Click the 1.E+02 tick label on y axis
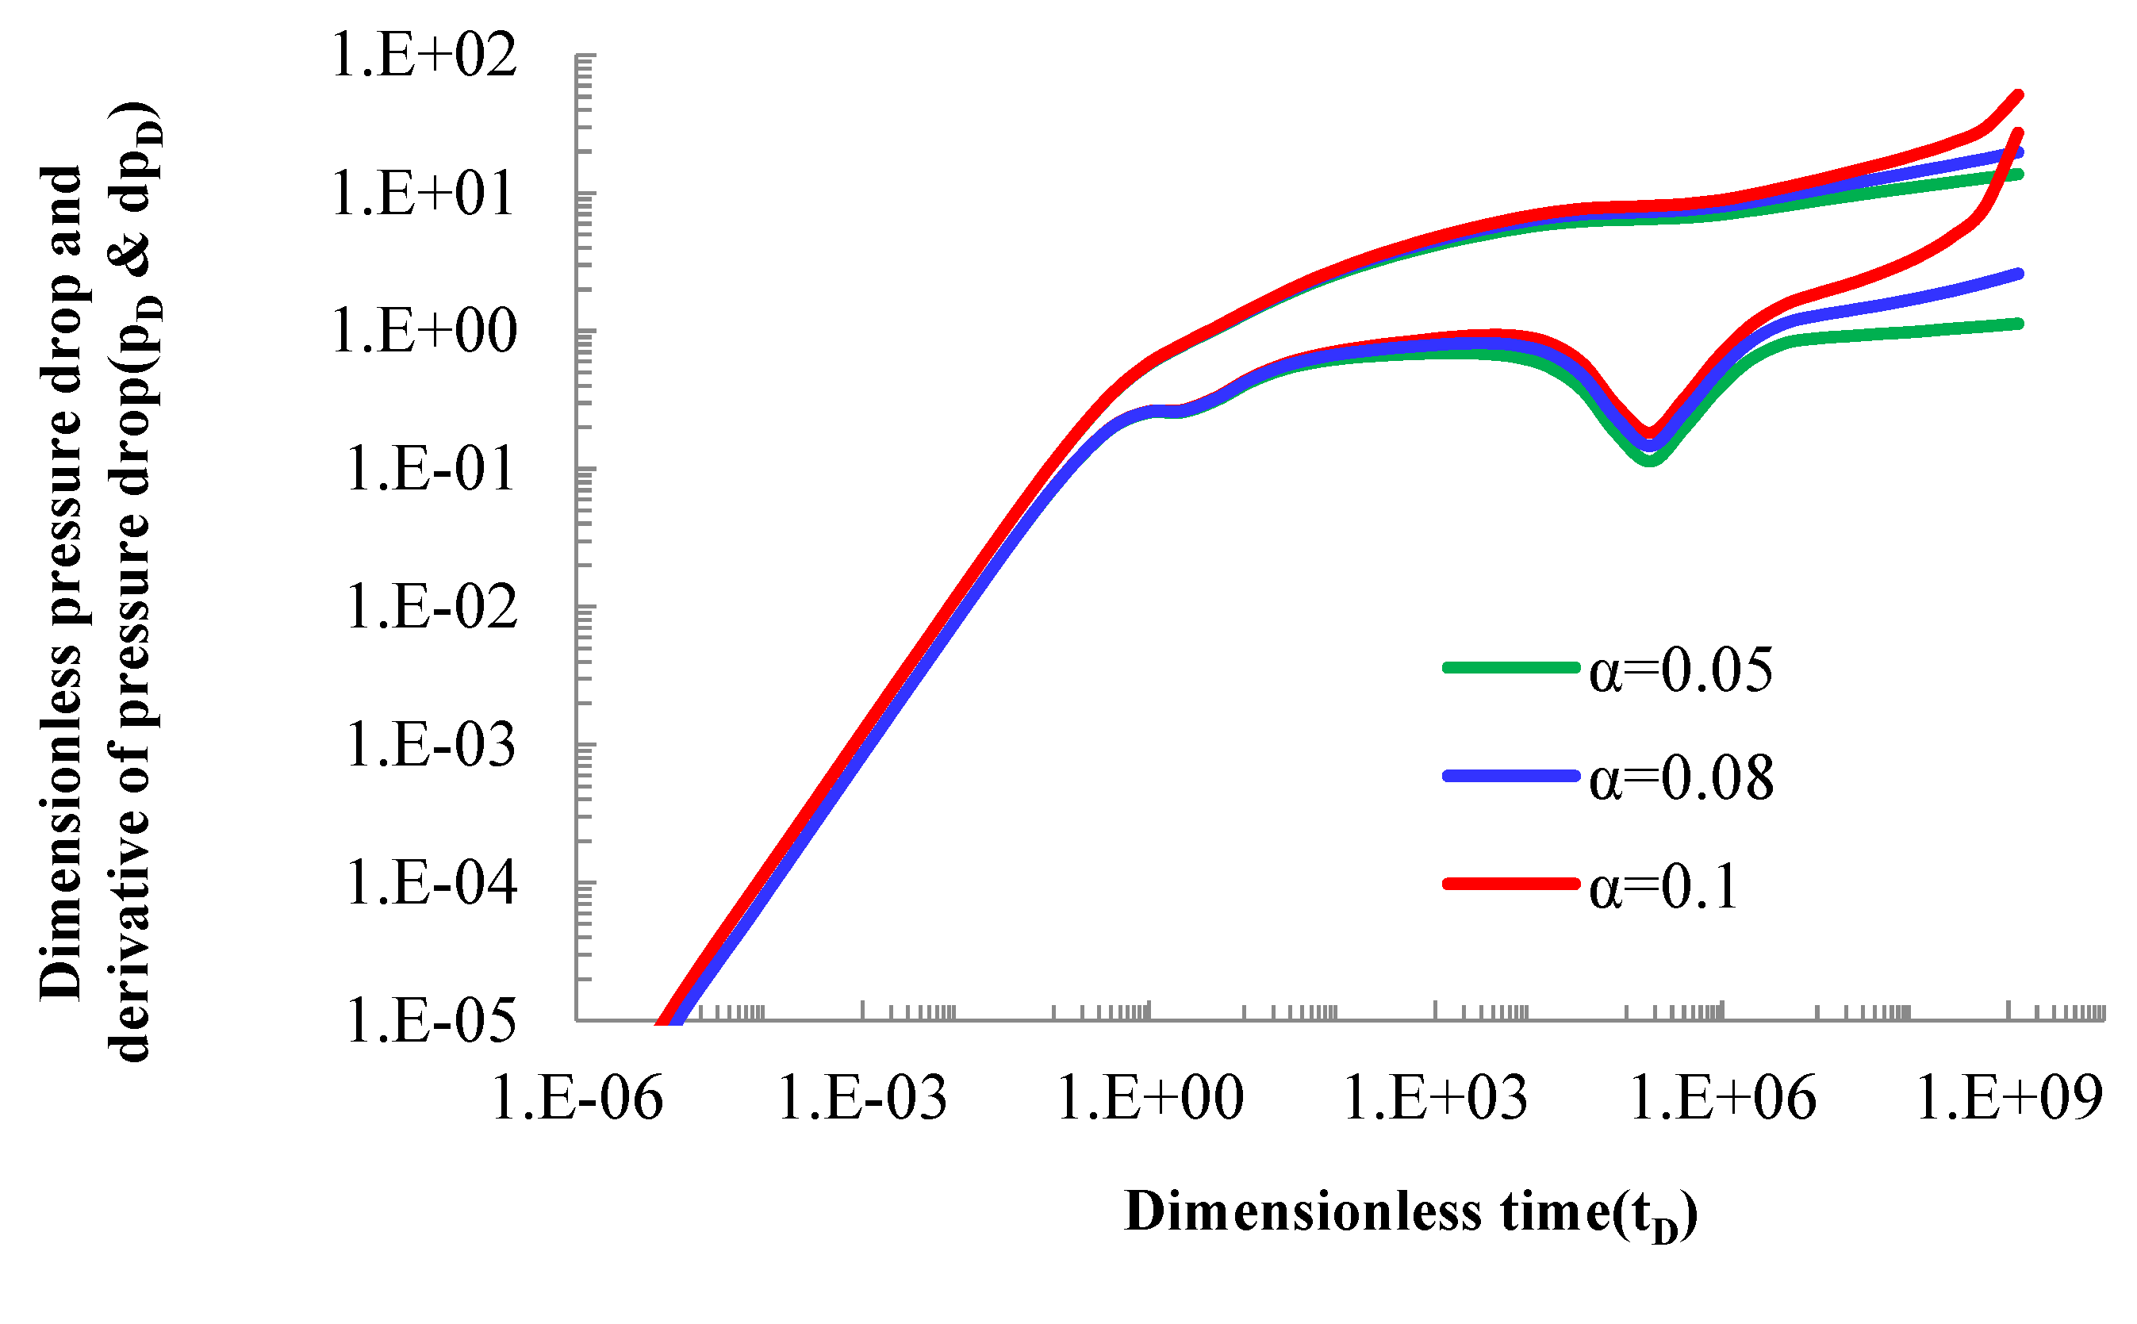click(x=424, y=56)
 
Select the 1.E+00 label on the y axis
click(x=424, y=332)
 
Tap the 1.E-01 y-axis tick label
click(x=430, y=470)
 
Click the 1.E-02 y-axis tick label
click(x=432, y=607)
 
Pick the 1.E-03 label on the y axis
click(x=432, y=745)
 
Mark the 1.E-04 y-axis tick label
click(x=432, y=883)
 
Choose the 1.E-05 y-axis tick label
click(x=432, y=1021)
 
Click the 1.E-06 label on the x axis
click(x=577, y=1098)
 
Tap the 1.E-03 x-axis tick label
click(x=861, y=1098)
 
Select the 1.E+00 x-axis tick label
click(x=1149, y=1098)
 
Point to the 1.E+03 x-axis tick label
click(x=1435, y=1098)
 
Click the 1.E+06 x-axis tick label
click(x=1722, y=1098)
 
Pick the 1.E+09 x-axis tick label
click(x=2009, y=1098)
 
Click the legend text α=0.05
click(x=1680, y=672)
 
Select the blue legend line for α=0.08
click(x=1510, y=776)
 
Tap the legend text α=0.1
click(x=1663, y=887)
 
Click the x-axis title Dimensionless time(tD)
click(x=1410, y=1214)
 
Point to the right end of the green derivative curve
click(x=2019, y=324)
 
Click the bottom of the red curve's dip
click(x=1649, y=432)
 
